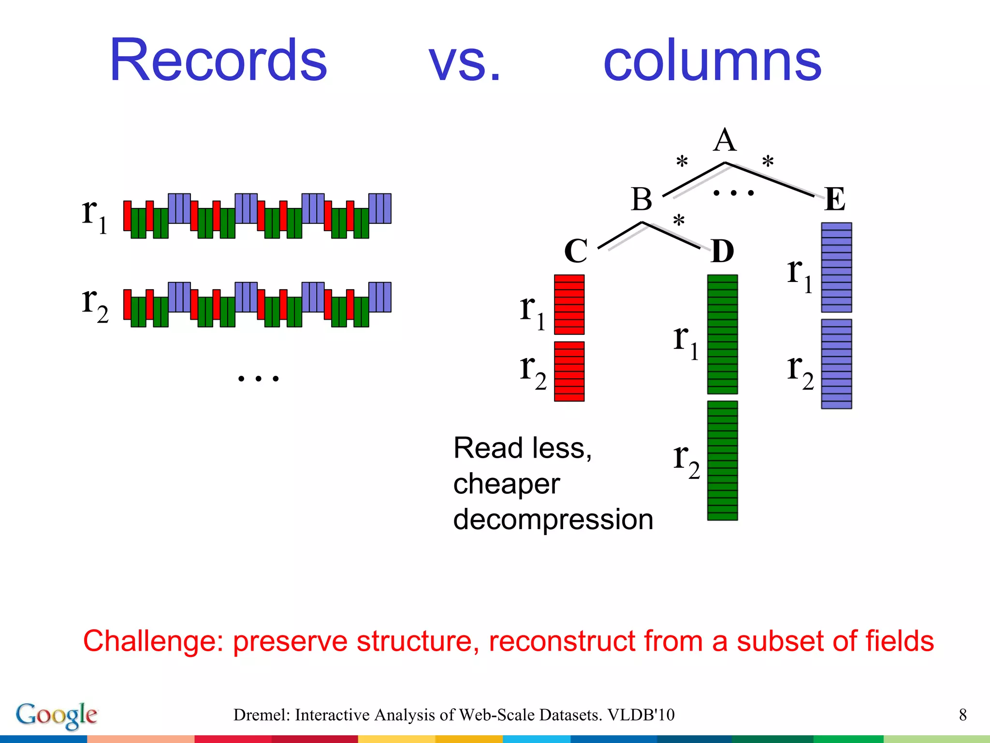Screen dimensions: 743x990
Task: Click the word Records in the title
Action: [x=218, y=60]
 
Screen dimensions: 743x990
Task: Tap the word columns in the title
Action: [x=712, y=61]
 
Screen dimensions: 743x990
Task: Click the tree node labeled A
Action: [x=725, y=141]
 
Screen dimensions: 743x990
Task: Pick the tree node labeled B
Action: [x=641, y=199]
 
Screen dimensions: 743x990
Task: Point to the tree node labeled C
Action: [x=576, y=251]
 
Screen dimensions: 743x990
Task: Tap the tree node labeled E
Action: [x=835, y=199]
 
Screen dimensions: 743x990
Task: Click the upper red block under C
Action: [x=569, y=305]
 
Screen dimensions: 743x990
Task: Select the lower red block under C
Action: [x=569, y=371]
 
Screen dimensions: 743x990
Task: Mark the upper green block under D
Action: [x=722, y=334]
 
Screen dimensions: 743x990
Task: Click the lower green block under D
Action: [x=722, y=461]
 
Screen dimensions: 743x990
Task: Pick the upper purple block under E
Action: [x=836, y=267]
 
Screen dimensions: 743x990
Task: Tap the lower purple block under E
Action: [x=836, y=364]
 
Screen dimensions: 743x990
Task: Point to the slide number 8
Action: [x=962, y=715]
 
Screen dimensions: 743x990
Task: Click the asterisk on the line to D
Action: [x=679, y=221]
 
